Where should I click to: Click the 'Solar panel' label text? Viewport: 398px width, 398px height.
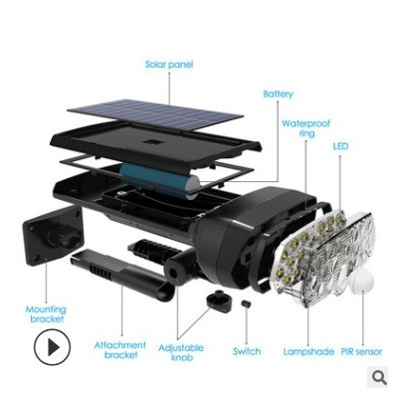click(x=169, y=64)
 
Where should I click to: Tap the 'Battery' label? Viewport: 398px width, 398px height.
click(x=278, y=95)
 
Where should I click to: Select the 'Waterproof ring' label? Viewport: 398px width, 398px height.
click(x=305, y=128)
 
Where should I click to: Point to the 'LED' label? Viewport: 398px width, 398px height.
click(x=340, y=146)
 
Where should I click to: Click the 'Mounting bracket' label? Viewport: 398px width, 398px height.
click(x=46, y=314)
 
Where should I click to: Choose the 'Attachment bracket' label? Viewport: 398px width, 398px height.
click(x=120, y=350)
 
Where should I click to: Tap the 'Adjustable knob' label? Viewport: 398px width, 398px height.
click(x=181, y=352)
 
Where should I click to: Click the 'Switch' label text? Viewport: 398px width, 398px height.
click(x=247, y=351)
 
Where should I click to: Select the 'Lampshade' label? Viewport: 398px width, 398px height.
click(x=308, y=351)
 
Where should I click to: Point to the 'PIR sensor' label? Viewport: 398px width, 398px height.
click(x=361, y=351)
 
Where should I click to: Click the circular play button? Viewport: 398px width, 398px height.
click(x=53, y=347)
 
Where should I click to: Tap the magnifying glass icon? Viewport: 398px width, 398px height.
click(x=379, y=377)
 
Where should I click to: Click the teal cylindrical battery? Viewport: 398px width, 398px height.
click(x=160, y=180)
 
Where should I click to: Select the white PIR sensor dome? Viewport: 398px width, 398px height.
click(x=360, y=280)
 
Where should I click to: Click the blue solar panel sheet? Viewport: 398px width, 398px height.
click(x=155, y=114)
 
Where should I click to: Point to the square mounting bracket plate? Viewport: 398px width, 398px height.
click(x=52, y=236)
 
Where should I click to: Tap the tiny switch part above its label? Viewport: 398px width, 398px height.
click(x=246, y=303)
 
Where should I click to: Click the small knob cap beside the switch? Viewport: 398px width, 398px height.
click(x=219, y=300)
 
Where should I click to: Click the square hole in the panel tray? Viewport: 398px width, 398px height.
click(x=150, y=142)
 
